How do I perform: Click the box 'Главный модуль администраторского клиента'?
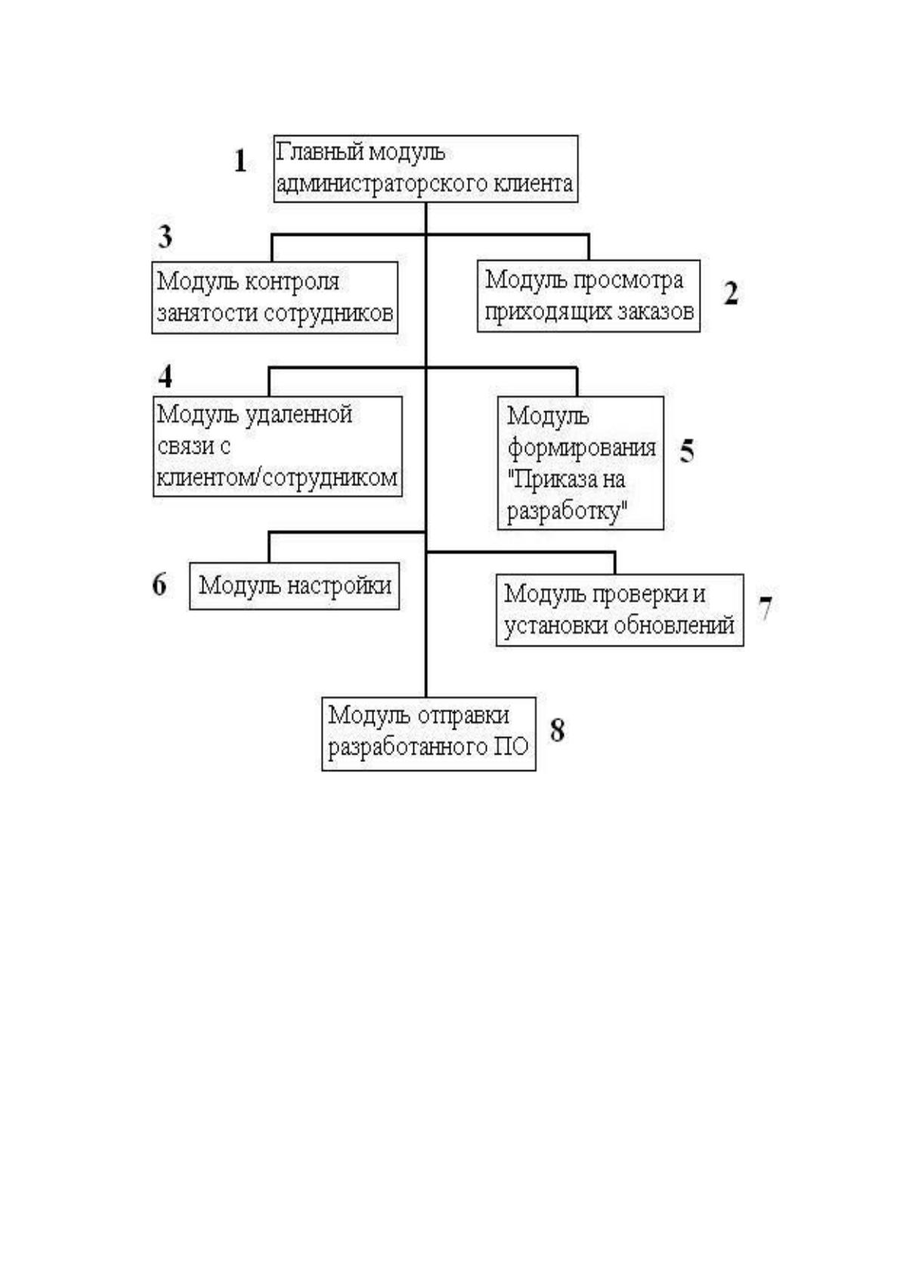pos(425,169)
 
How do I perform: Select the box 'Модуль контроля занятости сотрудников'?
pos(274,297)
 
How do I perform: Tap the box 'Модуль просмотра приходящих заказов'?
pos(588,296)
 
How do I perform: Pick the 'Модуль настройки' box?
pos(294,586)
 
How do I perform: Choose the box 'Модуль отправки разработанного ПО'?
pos(428,734)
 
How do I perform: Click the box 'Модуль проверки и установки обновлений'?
pos(620,610)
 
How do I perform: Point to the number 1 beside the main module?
pos(240,161)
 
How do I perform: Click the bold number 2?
pos(731,293)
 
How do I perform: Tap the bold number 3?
pos(165,237)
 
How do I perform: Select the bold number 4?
pos(165,376)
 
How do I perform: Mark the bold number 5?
pos(686,450)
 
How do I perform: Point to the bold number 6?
pos(159,584)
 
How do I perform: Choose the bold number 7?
pos(765,609)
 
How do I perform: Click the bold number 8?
pos(558,730)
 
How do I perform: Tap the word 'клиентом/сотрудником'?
pos(277,478)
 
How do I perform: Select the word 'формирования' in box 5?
pos(581,448)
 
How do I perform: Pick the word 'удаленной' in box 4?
pos(299,415)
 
